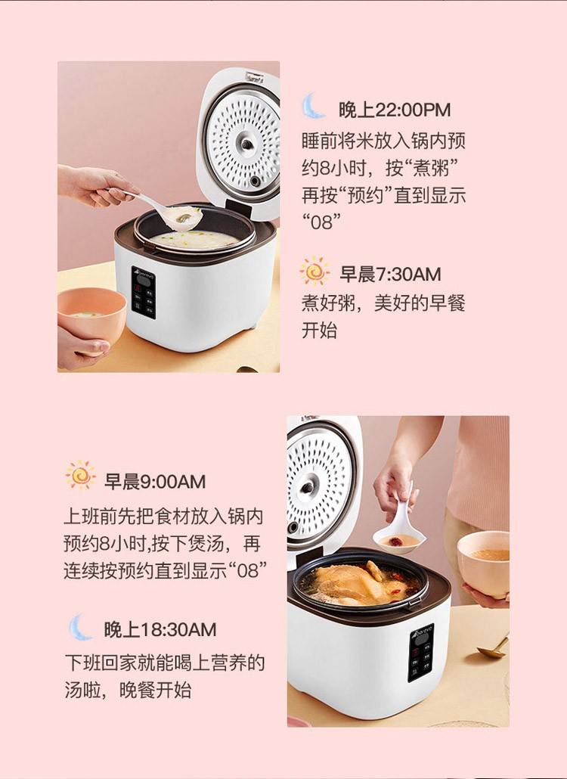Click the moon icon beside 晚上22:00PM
[313, 107]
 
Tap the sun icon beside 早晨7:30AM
[314, 272]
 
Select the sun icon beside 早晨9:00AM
[80, 475]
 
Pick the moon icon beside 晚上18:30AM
[79, 628]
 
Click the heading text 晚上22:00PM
[395, 110]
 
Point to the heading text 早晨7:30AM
[390, 275]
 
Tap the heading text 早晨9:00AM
[155, 482]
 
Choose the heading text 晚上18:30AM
[160, 630]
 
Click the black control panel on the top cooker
[144, 292]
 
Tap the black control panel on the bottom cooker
[421, 653]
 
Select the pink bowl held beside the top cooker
[91, 314]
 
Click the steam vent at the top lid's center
[246, 144]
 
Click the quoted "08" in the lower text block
[247, 570]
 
